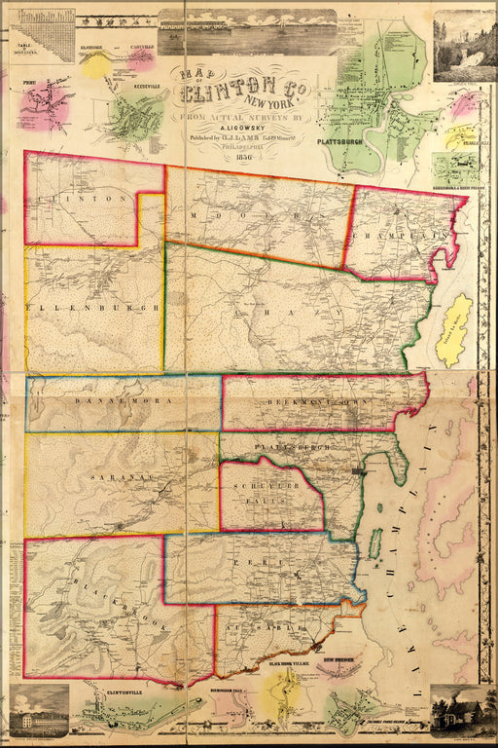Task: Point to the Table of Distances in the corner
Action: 41,36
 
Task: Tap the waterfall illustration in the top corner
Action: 464,46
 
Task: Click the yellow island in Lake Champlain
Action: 453,332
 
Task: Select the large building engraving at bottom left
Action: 39,711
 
